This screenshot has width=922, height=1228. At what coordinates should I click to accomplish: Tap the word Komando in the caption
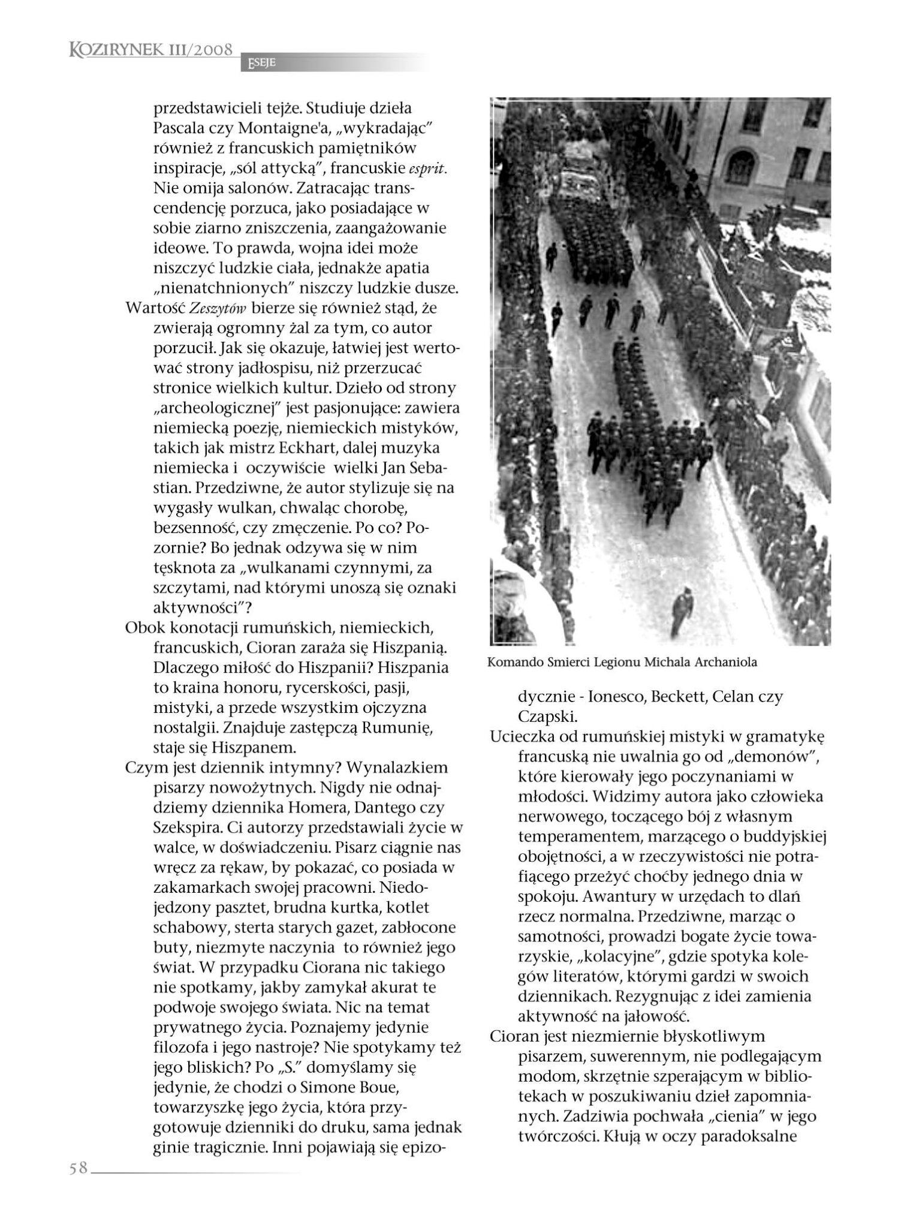tap(513, 663)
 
